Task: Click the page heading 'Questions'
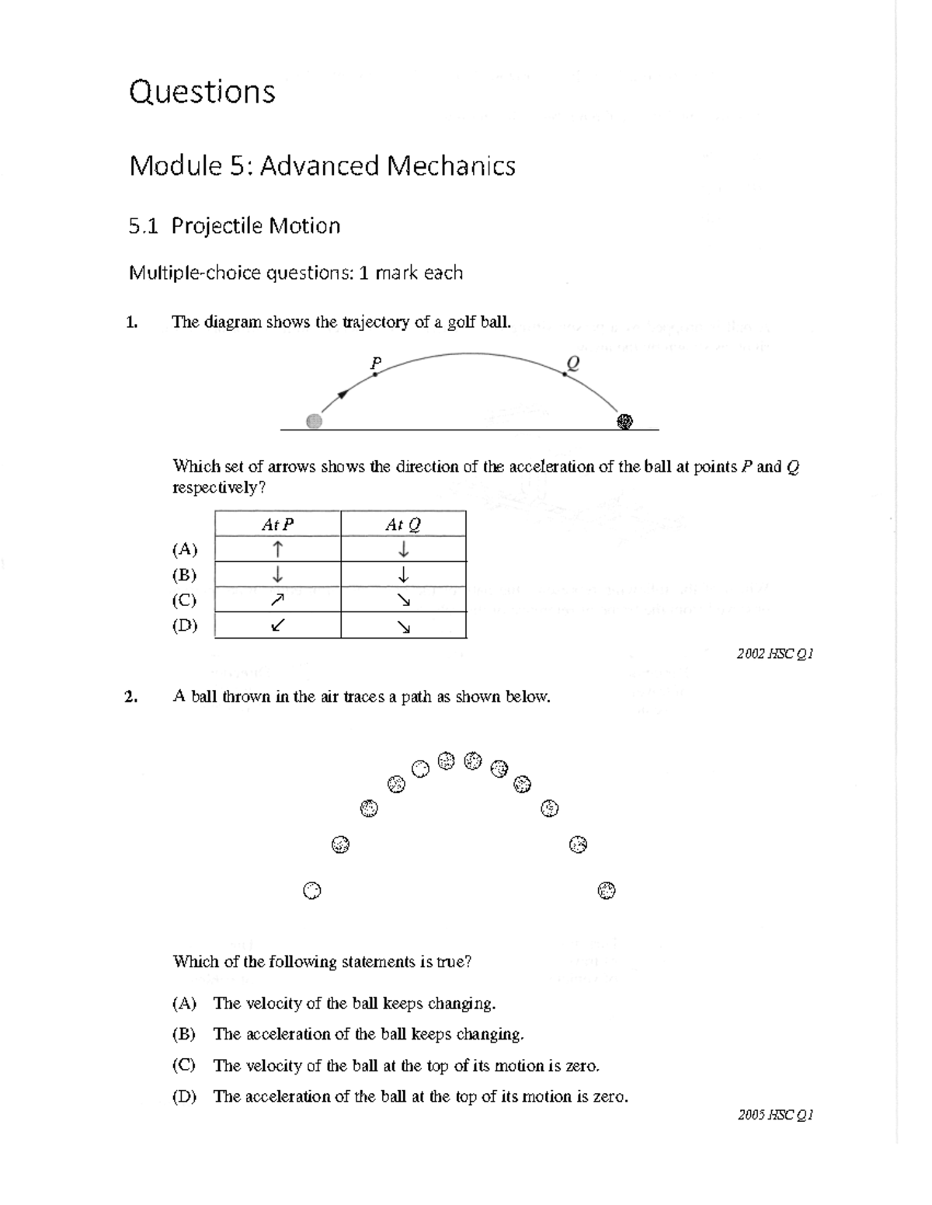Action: tap(202, 92)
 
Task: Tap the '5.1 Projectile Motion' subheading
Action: tap(234, 226)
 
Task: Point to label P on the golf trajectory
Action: tap(376, 362)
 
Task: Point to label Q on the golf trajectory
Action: tap(572, 362)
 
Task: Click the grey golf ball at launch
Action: tap(314, 421)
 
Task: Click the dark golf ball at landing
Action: tap(624, 421)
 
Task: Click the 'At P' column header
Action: tap(277, 524)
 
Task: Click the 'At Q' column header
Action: tap(403, 524)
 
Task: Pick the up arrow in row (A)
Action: tap(277, 549)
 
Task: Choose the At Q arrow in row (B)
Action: tap(403, 575)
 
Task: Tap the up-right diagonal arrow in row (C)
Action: tap(277, 600)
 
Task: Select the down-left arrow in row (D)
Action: tap(277, 625)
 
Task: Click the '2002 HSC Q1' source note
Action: tap(774, 654)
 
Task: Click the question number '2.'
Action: tap(131, 697)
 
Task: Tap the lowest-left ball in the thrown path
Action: tap(311, 890)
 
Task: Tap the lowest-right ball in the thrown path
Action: tap(607, 890)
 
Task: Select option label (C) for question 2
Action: tap(184, 1065)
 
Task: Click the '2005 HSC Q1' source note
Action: tap(774, 1116)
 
